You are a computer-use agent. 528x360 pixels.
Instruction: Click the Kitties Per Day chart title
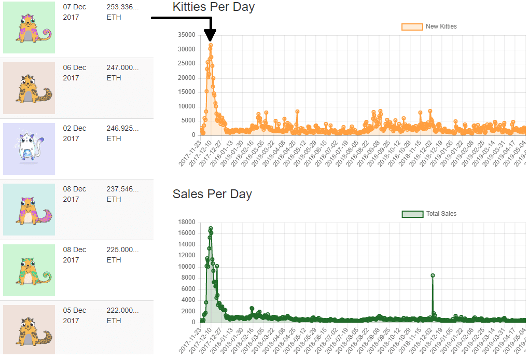(x=214, y=7)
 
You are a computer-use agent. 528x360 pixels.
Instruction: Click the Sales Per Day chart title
(x=212, y=194)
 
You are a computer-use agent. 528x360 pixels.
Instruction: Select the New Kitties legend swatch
(x=412, y=27)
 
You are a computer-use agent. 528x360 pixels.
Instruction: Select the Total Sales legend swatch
(x=412, y=214)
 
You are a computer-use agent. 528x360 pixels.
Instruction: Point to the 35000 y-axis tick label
(x=187, y=35)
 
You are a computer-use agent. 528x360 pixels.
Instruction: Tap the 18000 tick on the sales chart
(x=187, y=222)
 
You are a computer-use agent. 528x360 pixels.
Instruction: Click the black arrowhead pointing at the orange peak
(x=210, y=35)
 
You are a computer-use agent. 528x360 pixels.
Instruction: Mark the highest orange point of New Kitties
(x=211, y=45)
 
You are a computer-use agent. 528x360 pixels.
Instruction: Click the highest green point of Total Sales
(x=211, y=229)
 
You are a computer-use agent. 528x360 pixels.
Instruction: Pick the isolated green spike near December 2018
(x=433, y=275)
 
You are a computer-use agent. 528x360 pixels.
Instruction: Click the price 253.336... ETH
(x=122, y=12)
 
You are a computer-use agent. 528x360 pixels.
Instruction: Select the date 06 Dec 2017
(x=74, y=73)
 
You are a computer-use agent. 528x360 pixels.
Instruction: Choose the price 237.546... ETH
(x=122, y=194)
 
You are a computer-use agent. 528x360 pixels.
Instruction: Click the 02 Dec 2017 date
(x=74, y=133)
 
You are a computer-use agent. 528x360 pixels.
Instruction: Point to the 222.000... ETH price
(x=122, y=315)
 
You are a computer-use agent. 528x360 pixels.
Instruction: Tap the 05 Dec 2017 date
(x=74, y=315)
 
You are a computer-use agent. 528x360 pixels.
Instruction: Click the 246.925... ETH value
(x=122, y=133)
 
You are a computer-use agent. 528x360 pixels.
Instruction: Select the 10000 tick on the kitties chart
(x=187, y=106)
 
